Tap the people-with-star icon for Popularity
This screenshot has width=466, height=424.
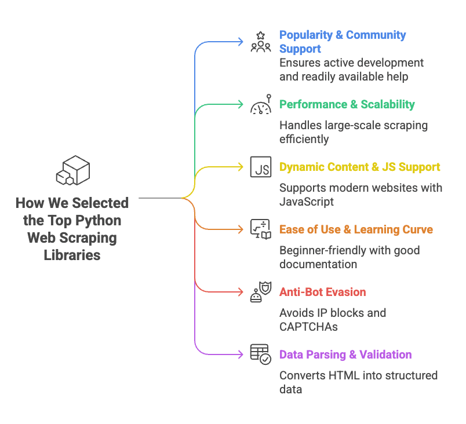(260, 42)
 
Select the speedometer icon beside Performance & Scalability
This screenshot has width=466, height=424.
(260, 105)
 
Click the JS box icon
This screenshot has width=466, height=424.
(260, 167)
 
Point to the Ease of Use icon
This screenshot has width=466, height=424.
(260, 229)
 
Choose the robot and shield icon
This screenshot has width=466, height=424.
(260, 292)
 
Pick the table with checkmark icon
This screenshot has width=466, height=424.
(260, 354)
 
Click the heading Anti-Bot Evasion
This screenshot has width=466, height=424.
(323, 292)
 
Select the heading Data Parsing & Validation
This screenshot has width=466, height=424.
(345, 354)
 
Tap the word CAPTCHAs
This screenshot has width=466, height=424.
(308, 327)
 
